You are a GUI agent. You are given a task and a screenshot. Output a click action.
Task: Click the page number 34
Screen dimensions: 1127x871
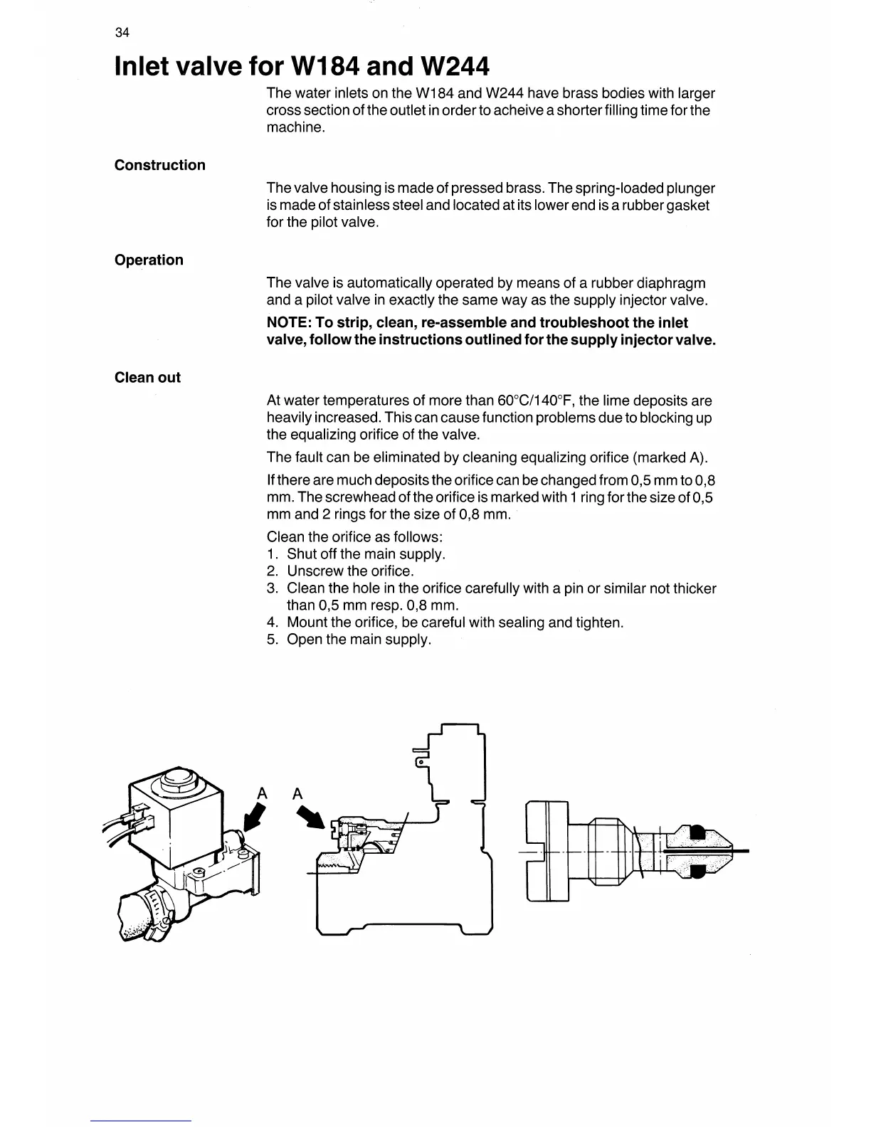tap(122, 33)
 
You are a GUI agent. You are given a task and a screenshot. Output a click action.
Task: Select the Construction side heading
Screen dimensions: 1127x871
tap(159, 165)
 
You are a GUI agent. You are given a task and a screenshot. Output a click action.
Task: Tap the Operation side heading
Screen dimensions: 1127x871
tap(149, 260)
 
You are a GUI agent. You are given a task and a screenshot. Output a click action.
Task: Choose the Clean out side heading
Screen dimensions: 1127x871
tap(147, 377)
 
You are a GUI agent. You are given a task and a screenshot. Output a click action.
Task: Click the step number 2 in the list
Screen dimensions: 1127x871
tap(272, 571)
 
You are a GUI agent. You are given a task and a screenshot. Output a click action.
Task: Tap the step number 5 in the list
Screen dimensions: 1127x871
tap(272, 640)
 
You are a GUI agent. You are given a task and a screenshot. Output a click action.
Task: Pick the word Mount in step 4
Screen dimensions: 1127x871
tap(307, 623)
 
